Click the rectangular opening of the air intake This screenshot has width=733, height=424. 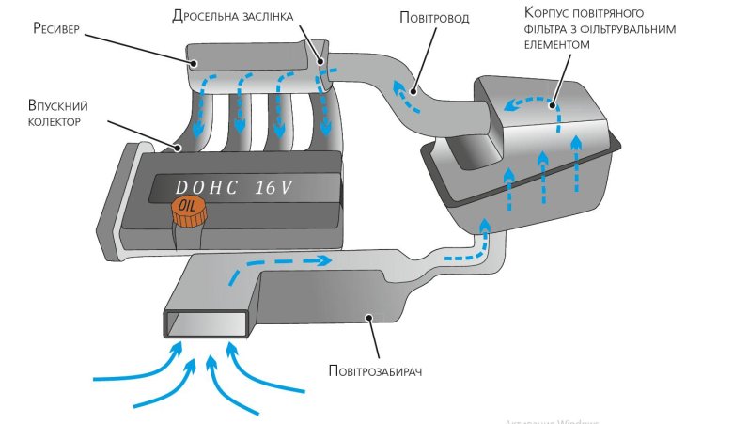tap(209, 323)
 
